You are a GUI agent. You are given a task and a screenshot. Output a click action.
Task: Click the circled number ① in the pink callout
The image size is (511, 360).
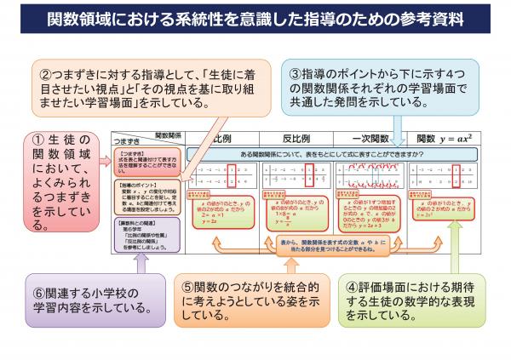(39, 139)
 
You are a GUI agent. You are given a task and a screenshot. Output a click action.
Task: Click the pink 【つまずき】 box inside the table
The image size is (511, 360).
(148, 163)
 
